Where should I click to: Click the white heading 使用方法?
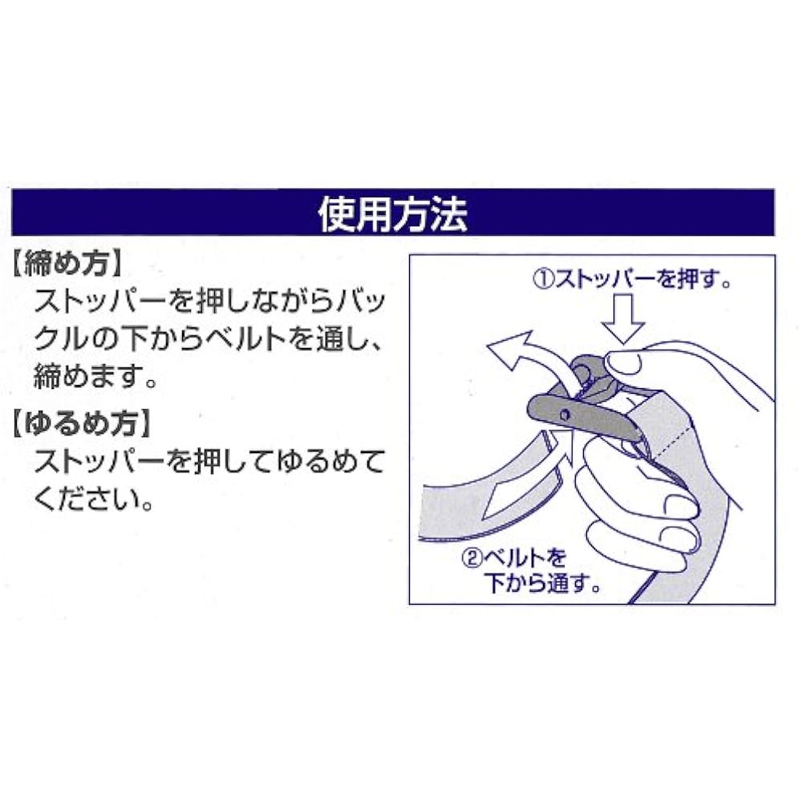tap(393, 213)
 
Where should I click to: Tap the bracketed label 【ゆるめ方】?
tap(82, 424)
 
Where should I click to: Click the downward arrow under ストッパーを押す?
tap(622, 318)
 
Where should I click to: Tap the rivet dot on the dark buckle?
tap(565, 415)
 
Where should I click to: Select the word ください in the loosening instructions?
tap(87, 499)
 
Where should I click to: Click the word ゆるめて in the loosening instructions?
tap(330, 461)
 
